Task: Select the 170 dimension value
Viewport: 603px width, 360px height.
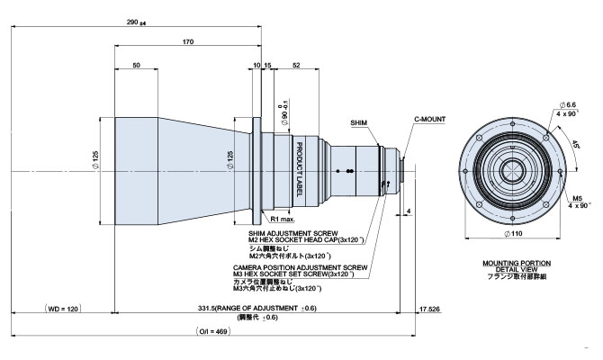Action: [187, 41]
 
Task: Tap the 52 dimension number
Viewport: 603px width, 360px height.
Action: [296, 66]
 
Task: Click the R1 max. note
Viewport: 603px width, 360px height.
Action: [283, 218]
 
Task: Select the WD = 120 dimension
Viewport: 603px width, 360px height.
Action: [62, 309]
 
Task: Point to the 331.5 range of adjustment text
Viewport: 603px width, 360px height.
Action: [257, 309]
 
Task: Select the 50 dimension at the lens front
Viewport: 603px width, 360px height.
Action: [136, 66]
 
